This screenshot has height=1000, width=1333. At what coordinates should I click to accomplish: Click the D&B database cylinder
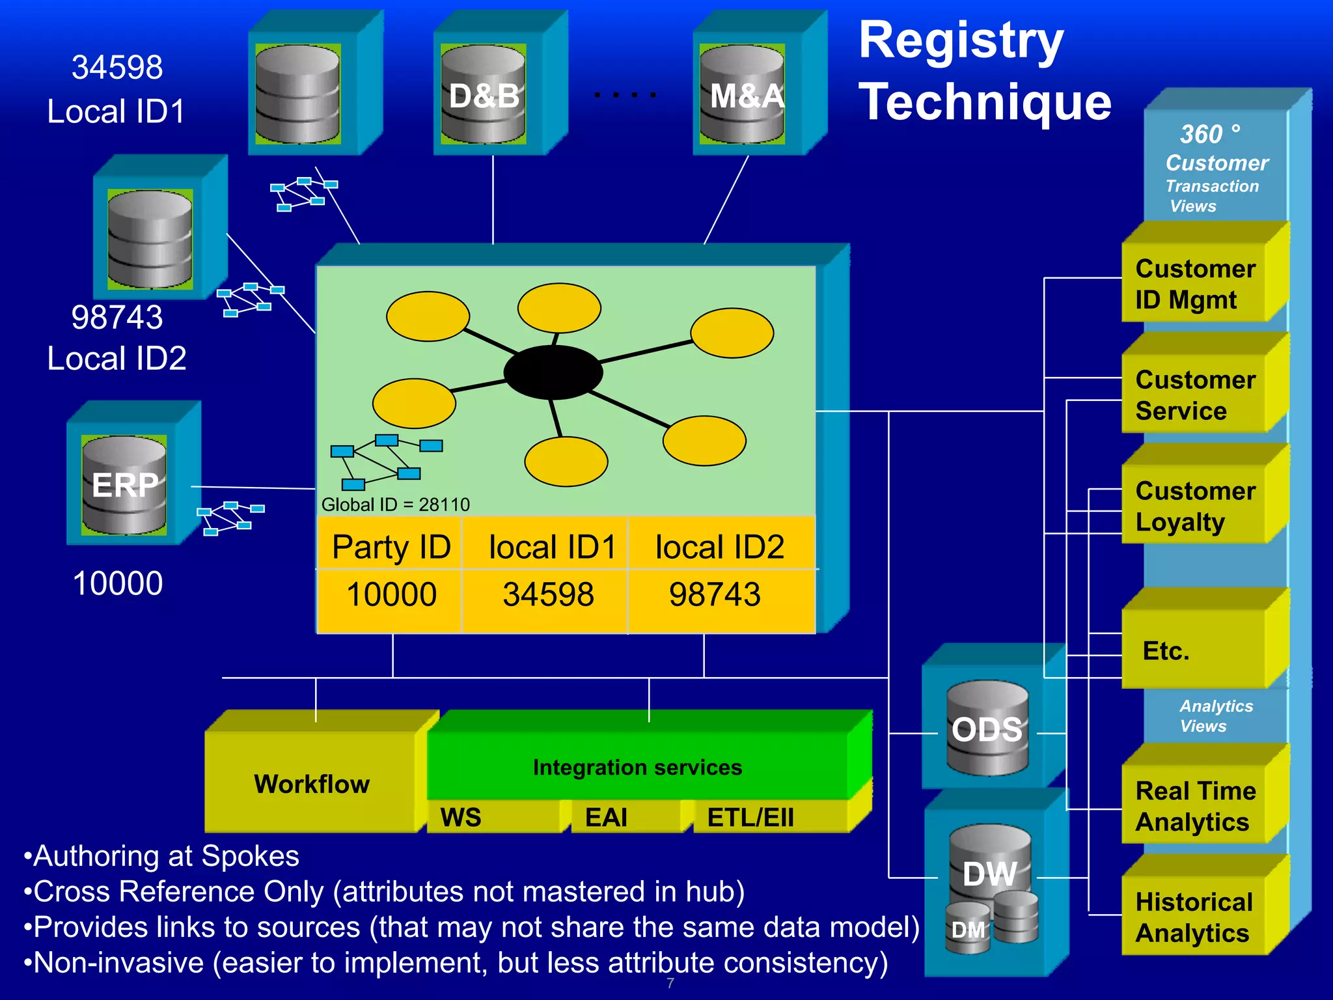483,94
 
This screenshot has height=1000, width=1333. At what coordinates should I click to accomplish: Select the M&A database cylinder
742,94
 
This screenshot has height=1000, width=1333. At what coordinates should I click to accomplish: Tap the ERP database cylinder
124,485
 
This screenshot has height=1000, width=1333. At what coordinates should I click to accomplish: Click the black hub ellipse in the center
553,372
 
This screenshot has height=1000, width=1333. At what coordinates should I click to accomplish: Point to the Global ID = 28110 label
395,505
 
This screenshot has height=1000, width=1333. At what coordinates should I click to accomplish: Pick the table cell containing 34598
547,594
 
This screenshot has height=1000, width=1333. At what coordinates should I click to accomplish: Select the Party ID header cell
391,546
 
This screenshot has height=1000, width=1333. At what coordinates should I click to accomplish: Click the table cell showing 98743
715,594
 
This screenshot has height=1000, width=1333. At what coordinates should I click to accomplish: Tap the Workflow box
312,783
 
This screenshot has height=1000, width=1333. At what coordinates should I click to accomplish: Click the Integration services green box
637,767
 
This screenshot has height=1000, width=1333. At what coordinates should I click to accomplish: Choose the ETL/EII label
750,817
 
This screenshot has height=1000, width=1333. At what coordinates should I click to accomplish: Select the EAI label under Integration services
606,817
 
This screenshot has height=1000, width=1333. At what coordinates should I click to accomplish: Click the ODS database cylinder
987,729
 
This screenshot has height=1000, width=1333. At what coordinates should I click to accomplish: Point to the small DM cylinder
968,929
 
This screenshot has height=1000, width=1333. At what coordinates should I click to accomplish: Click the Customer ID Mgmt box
1195,284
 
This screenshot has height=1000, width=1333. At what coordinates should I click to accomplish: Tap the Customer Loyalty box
1195,506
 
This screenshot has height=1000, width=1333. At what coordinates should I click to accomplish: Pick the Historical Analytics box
1195,917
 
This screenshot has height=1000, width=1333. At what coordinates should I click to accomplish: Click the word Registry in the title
961,40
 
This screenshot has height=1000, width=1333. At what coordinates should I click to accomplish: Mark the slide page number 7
670,983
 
